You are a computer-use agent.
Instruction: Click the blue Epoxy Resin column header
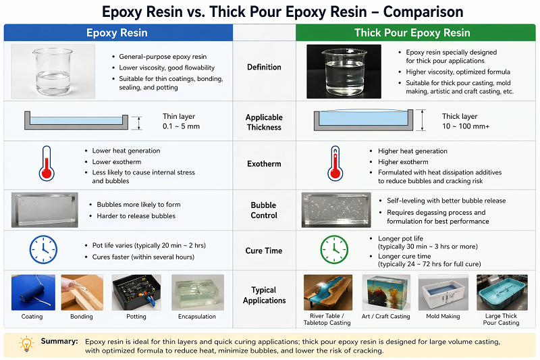click(x=117, y=32)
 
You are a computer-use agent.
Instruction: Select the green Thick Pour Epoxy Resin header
click(x=412, y=32)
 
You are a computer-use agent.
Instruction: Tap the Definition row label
click(x=264, y=67)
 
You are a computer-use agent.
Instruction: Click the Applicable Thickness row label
click(x=264, y=122)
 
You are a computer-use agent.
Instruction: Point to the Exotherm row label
click(x=264, y=163)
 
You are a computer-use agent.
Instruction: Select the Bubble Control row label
click(x=264, y=210)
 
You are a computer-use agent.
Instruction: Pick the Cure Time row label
click(x=264, y=251)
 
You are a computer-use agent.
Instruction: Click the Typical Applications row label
click(x=264, y=295)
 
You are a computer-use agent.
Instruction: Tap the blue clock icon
click(x=43, y=249)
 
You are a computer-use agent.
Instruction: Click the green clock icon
click(x=333, y=249)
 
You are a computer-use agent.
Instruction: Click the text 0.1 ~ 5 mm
click(x=181, y=126)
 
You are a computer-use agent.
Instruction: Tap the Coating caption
click(x=32, y=316)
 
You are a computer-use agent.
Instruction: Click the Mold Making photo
click(x=443, y=292)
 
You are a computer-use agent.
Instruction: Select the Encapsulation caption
click(x=197, y=316)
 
